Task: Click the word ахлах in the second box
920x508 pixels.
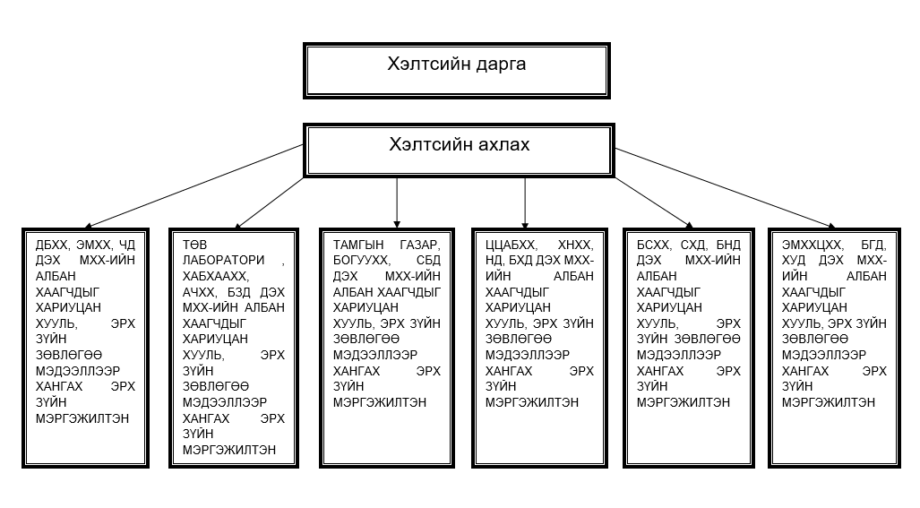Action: [503, 144]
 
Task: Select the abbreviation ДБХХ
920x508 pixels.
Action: [52, 245]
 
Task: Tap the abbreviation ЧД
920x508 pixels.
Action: [127, 245]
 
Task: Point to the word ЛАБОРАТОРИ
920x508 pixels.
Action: [224, 260]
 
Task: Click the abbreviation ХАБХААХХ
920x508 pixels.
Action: [215, 276]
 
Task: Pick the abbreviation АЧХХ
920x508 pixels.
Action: [199, 292]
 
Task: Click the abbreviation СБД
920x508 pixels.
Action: [428, 260]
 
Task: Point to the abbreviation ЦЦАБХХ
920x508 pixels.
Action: [511, 245]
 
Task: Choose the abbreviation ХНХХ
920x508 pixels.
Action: [576, 245]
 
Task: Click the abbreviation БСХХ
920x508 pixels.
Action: [653, 245]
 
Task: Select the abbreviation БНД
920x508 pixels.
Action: [728, 245]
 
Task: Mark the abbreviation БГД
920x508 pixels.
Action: [874, 245]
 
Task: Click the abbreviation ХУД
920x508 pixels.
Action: [794, 260]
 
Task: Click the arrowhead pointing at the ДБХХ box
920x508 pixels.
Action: [88, 225]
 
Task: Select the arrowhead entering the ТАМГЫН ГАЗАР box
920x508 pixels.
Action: [397, 225]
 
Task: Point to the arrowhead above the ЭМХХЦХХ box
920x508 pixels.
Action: [831, 225]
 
